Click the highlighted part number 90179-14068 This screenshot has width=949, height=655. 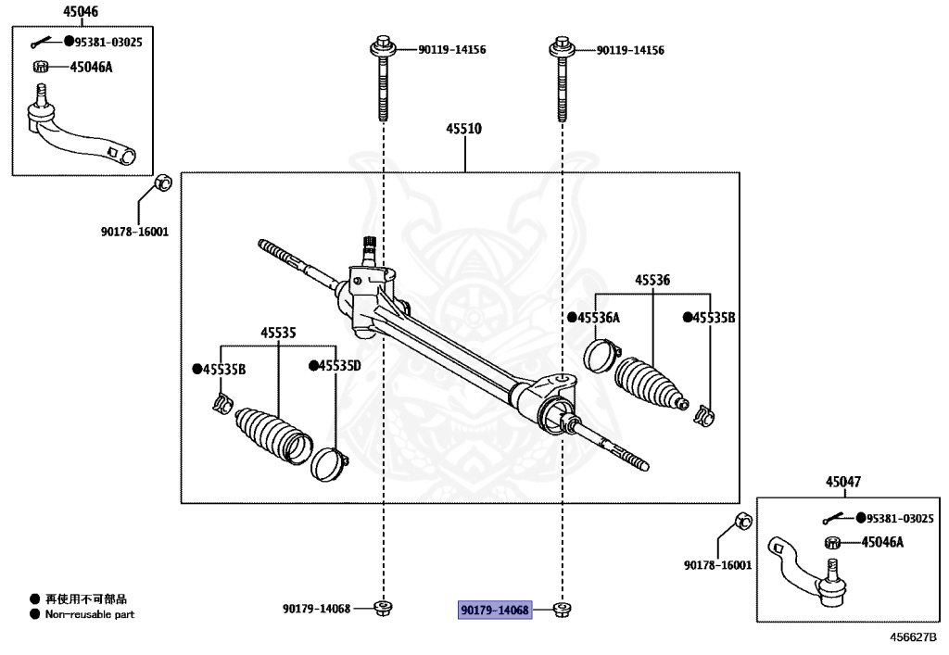pyautogui.click(x=495, y=610)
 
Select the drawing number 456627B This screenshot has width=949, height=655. pyautogui.click(x=914, y=637)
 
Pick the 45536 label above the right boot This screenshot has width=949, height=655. pyautogui.click(x=652, y=280)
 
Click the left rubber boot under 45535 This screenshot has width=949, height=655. pyautogui.click(x=272, y=434)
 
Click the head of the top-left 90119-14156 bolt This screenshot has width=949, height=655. pyautogui.click(x=383, y=44)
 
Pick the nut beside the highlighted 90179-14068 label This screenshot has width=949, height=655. pyautogui.click(x=560, y=609)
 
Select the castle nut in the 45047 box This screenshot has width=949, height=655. pyautogui.click(x=831, y=543)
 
